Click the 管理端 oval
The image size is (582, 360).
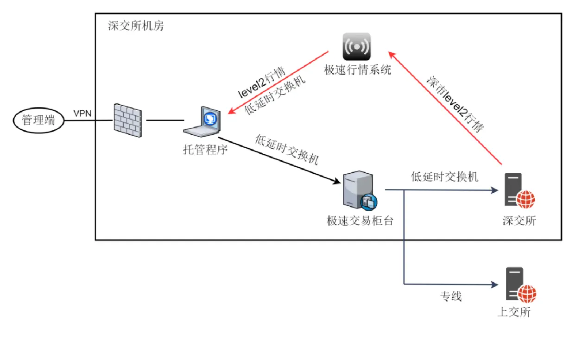pos(38,120)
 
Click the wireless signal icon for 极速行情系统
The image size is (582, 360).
pos(357,46)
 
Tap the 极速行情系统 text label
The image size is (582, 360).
pos(357,70)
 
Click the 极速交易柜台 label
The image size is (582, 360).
pos(360,221)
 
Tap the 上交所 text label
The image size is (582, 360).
pos(513,312)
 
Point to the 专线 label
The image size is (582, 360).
pos(450,297)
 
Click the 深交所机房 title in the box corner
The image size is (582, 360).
pos(136,25)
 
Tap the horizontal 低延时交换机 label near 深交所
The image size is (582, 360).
pos(444,177)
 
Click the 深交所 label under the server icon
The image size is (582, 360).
pos(519,221)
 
